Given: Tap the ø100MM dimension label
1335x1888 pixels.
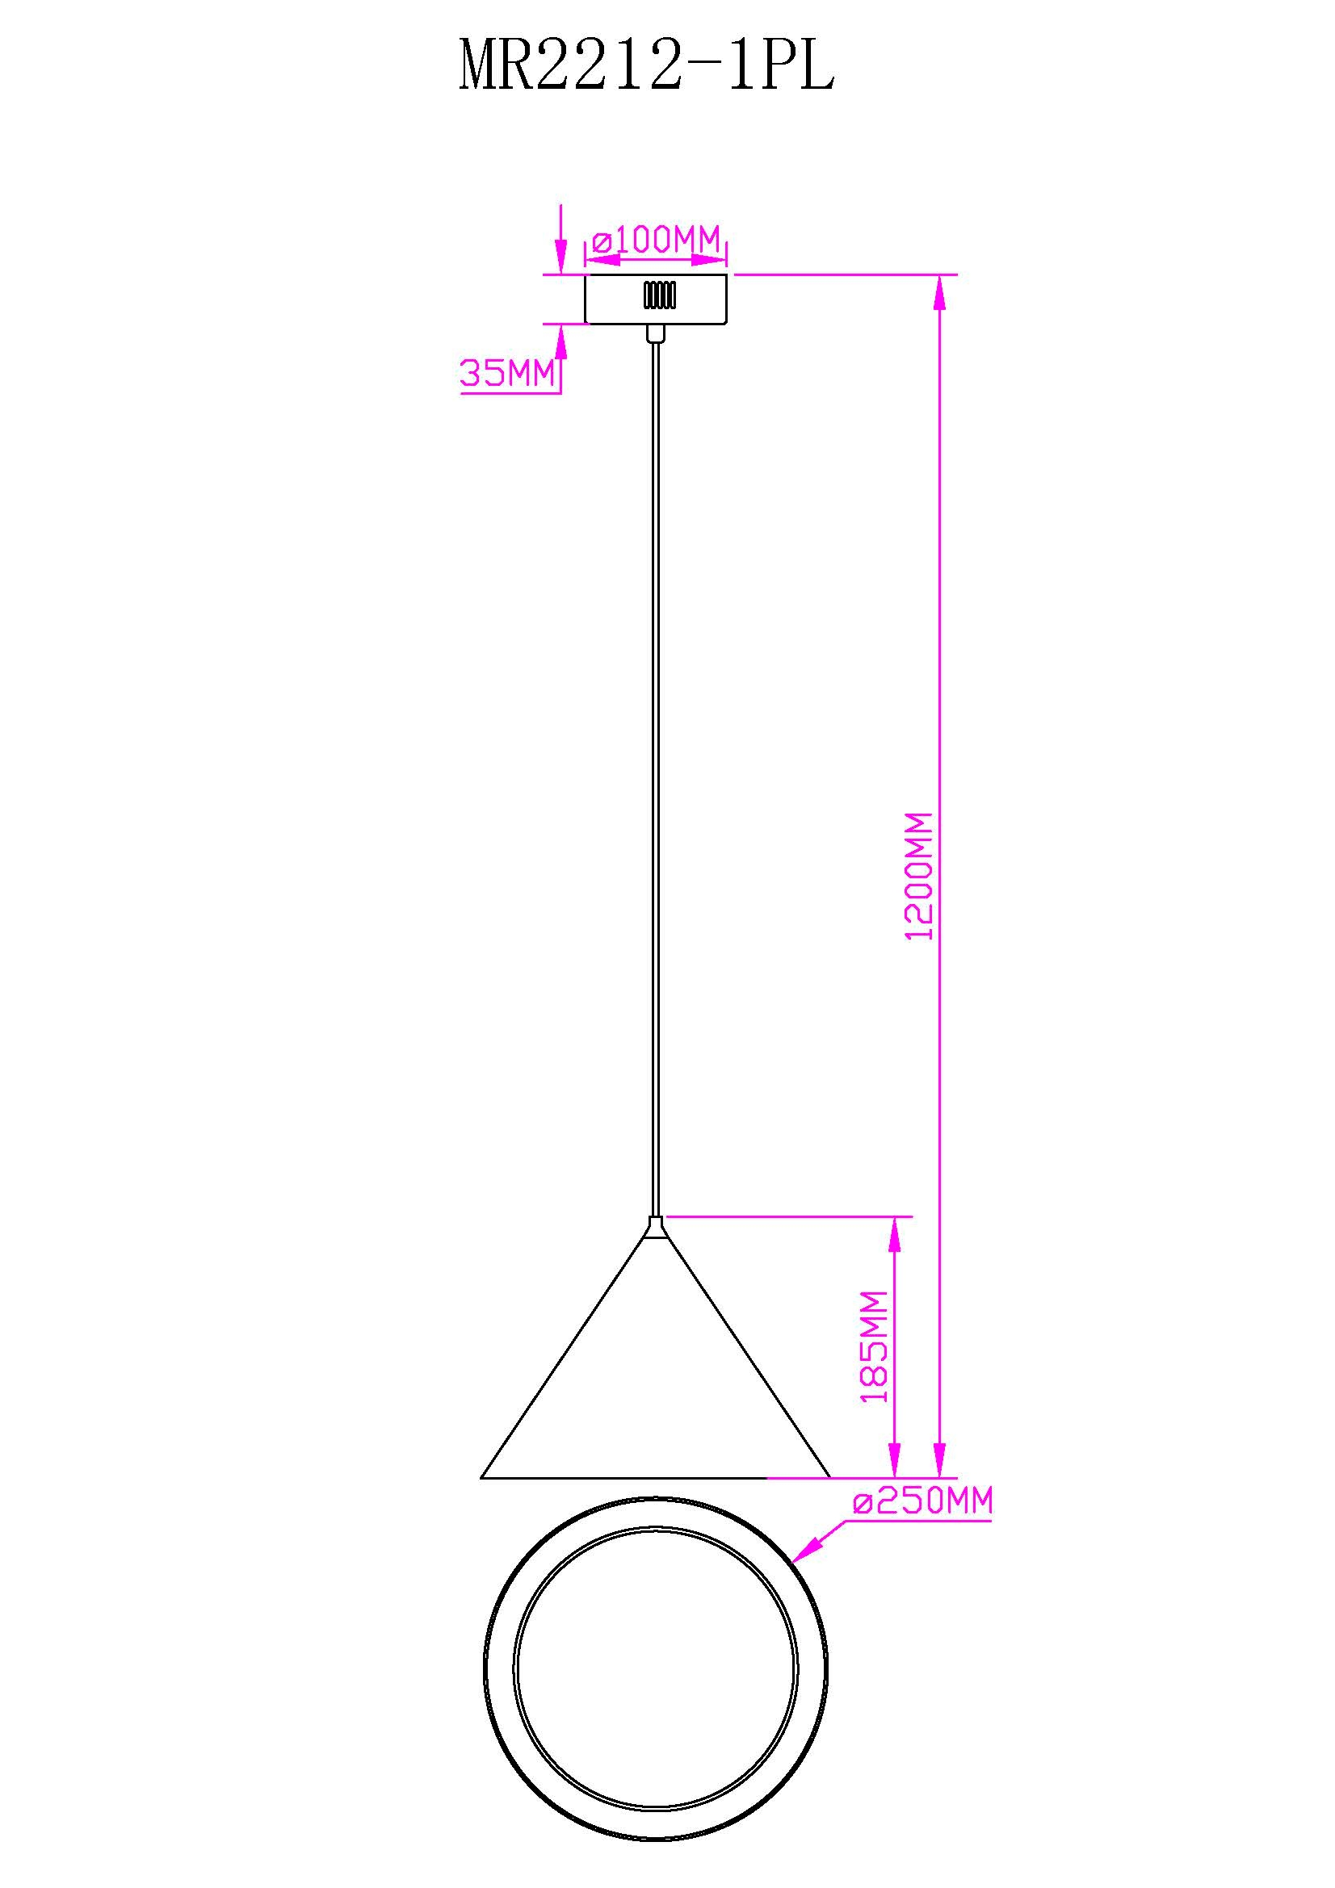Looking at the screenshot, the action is (656, 240).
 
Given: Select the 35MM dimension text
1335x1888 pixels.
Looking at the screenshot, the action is (507, 375).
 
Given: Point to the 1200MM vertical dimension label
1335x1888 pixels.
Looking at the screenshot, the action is (920, 876).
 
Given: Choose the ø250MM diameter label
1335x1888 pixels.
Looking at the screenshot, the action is (923, 1501).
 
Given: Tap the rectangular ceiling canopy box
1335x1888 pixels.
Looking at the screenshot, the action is (657, 299).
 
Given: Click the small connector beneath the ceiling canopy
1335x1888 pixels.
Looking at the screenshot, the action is (656, 333).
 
